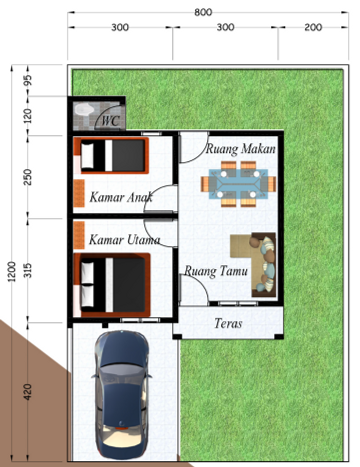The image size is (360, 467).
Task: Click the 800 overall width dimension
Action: (203, 12)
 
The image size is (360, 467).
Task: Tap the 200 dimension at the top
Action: (313, 27)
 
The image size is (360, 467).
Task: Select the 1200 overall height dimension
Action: (12, 272)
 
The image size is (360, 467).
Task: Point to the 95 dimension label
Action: (28, 80)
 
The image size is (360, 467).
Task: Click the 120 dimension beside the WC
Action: (28, 116)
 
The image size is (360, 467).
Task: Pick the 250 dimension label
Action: (28, 177)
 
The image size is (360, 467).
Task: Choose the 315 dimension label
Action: (28, 270)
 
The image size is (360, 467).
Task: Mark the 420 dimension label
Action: (28, 392)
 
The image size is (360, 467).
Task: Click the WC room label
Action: (111, 121)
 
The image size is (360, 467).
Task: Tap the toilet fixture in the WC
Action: (84, 110)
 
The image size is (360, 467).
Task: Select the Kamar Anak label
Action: (121, 197)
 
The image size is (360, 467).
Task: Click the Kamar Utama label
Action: (124, 240)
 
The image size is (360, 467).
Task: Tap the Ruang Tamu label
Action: (216, 271)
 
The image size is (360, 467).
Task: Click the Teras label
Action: (228, 324)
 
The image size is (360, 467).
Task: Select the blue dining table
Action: (238, 184)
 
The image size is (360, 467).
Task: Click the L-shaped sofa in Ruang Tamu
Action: (253, 265)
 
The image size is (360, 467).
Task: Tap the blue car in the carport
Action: (122, 395)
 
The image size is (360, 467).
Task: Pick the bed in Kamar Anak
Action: (111, 155)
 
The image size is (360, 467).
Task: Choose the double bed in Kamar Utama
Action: (112, 285)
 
